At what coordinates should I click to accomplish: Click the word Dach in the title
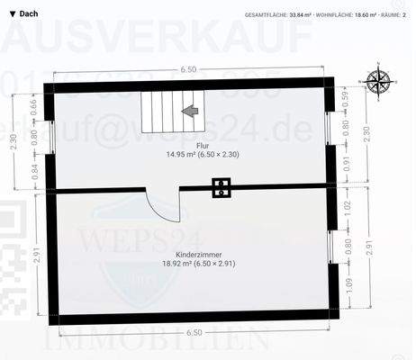[x=28, y=13]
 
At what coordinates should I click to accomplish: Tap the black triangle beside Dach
[x=11, y=13]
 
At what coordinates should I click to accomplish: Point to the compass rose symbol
[x=379, y=81]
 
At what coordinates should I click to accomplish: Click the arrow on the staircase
[x=189, y=111]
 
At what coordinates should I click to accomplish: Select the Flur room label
[x=190, y=143]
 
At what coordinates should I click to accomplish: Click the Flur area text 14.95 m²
[x=190, y=154]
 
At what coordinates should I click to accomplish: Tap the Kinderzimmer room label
[x=190, y=254]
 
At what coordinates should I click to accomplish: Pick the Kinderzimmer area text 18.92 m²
[x=190, y=265]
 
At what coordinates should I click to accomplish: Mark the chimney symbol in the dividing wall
[x=222, y=188]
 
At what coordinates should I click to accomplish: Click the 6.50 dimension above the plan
[x=188, y=69]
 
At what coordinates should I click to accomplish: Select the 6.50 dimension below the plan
[x=190, y=332]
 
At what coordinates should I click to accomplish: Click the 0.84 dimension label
[x=33, y=171]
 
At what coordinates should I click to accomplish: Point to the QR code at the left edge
[x=11, y=256]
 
